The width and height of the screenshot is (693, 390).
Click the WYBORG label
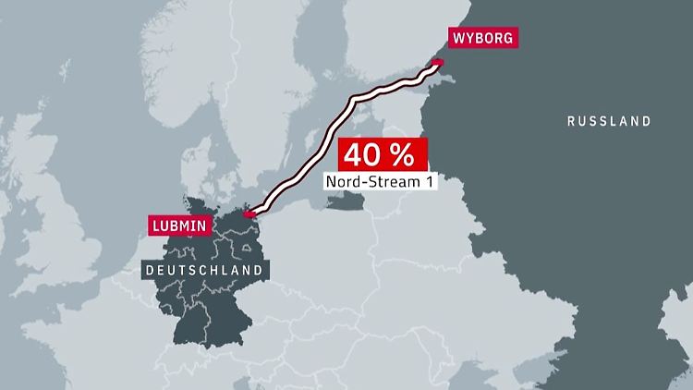480,38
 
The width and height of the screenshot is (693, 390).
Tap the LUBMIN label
180,225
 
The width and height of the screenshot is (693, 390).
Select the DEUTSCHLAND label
206,270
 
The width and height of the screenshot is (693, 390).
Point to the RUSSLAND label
609,121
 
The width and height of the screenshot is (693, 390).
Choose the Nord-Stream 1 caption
379,182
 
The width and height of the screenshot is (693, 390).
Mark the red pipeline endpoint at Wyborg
438,63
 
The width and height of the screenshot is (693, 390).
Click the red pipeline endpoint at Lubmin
248,215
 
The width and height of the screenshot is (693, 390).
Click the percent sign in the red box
407,154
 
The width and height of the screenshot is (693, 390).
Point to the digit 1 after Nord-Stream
427,182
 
